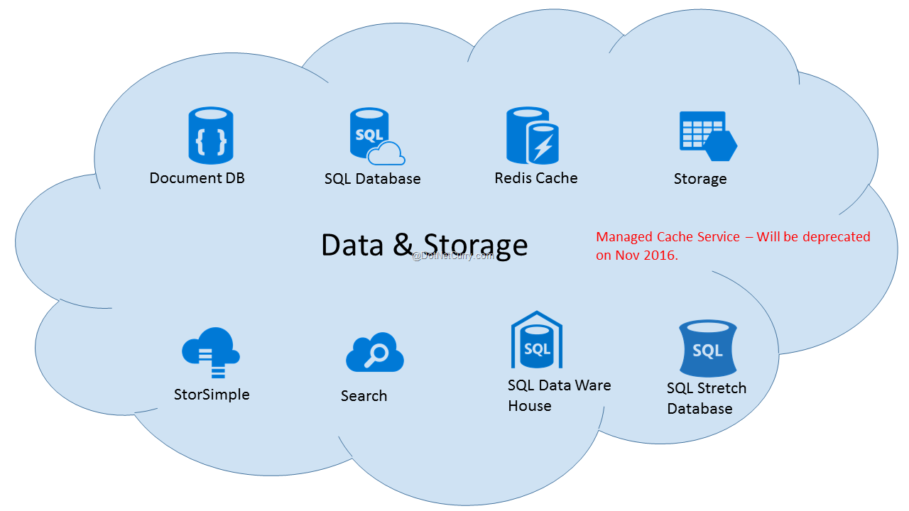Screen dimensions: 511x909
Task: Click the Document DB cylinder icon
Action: (x=211, y=136)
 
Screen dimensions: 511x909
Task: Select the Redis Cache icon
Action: (x=533, y=136)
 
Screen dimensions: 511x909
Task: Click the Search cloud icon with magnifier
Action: (x=375, y=353)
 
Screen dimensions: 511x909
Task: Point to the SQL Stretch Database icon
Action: (x=707, y=348)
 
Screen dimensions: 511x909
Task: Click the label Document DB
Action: (x=197, y=178)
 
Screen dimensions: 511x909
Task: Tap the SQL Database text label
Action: (x=372, y=179)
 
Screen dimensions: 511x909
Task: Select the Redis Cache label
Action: (x=536, y=177)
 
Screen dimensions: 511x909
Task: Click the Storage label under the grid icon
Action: (x=700, y=179)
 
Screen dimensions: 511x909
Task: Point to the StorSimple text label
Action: (x=212, y=395)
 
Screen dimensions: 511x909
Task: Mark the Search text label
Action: (x=364, y=396)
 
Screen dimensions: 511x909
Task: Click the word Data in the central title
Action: (x=352, y=245)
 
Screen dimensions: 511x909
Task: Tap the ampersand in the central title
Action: (x=402, y=245)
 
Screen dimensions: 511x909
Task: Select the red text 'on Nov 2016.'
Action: (x=637, y=255)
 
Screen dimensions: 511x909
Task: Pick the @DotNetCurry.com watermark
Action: (x=453, y=255)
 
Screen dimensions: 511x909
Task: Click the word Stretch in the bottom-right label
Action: (x=722, y=388)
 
